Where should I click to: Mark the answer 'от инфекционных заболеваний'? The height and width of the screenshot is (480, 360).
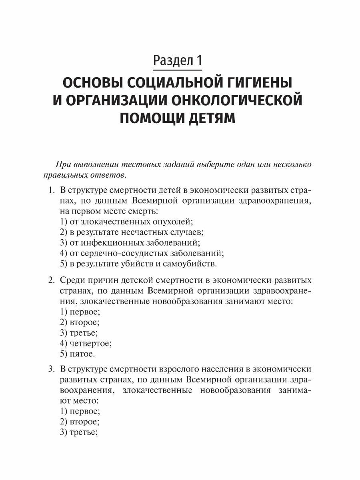click(x=129, y=242)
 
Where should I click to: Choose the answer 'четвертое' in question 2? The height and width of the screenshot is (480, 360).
click(x=86, y=343)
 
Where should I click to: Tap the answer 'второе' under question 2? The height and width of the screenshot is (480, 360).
click(x=79, y=322)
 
